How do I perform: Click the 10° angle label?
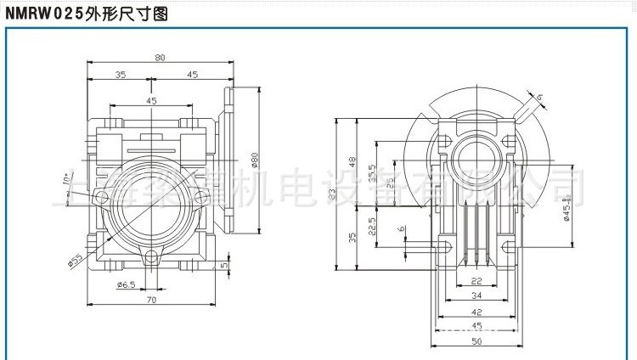pos(67,179)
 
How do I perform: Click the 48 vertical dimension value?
pos(351,161)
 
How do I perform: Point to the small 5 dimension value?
pos(224,266)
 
